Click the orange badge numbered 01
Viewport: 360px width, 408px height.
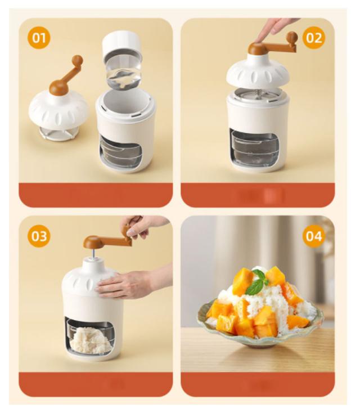(39, 38)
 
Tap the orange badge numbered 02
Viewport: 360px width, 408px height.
(314, 38)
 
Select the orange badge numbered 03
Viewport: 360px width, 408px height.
(39, 236)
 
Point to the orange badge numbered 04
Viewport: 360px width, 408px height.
(314, 236)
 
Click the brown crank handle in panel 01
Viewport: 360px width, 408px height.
(67, 76)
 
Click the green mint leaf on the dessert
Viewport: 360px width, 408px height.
(257, 282)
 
